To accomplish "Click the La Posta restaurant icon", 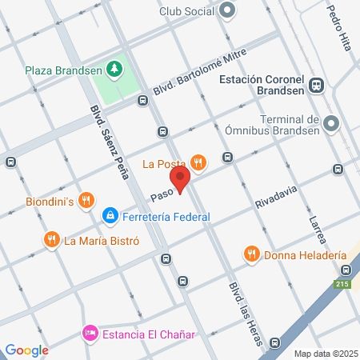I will tap(198, 164).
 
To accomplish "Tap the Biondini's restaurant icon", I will tap(89, 201).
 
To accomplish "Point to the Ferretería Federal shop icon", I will tap(110, 216).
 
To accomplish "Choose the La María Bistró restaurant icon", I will tap(52, 239).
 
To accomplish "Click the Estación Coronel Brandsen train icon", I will tap(317, 86).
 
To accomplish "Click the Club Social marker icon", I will tap(227, 10).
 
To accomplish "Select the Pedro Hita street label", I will tap(340, 29).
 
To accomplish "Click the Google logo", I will tap(27, 350).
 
